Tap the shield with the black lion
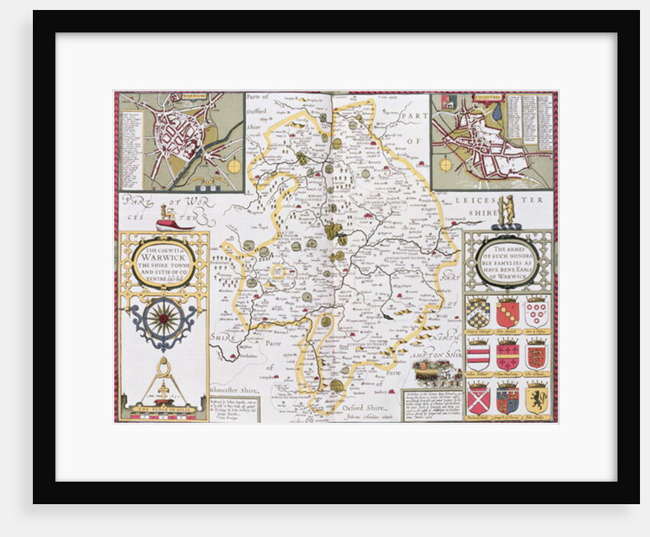tap(536, 398)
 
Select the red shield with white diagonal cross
tap(479, 399)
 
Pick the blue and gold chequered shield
tap(479, 312)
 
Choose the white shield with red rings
tap(536, 312)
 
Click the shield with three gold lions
tap(536, 356)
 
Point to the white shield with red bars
tap(479, 356)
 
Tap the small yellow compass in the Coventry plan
tap(446, 164)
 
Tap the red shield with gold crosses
tap(507, 356)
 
